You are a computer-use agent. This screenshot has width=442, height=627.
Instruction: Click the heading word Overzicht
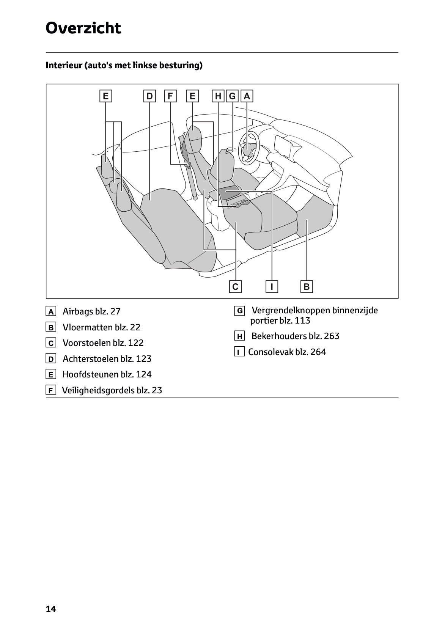(x=83, y=28)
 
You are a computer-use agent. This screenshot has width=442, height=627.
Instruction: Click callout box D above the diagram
(x=149, y=96)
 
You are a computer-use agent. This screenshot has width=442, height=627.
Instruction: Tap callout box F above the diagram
(x=170, y=96)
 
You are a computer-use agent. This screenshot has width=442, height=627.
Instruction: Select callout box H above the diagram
(x=218, y=96)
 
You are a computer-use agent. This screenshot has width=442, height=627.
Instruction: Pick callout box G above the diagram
(x=232, y=96)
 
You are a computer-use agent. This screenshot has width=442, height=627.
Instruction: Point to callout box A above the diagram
(x=247, y=96)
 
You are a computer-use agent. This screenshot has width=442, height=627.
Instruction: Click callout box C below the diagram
(x=235, y=287)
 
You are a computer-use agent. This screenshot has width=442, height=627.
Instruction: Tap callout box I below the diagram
(x=272, y=287)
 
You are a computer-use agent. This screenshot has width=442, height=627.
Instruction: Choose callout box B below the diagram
(x=307, y=287)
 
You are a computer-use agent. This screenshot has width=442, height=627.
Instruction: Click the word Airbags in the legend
(x=78, y=312)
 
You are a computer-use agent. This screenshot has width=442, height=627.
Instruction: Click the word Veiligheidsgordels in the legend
(x=97, y=390)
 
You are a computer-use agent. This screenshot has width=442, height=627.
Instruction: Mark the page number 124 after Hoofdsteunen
(x=144, y=374)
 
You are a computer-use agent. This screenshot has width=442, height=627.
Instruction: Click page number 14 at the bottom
(x=50, y=609)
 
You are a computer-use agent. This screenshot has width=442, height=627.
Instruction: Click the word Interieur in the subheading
(x=63, y=66)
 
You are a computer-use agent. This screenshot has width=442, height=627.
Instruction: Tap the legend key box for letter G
(x=240, y=311)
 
